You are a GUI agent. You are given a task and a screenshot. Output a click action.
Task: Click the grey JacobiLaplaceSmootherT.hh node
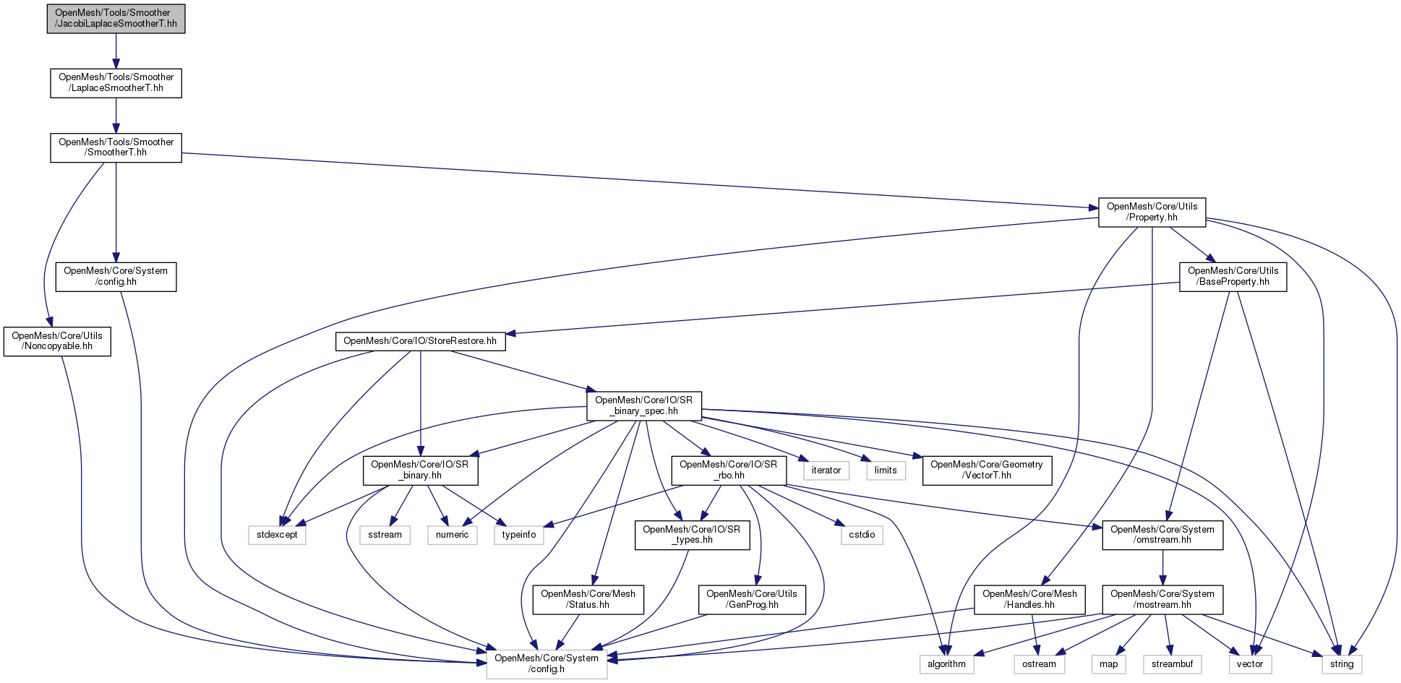pos(116,18)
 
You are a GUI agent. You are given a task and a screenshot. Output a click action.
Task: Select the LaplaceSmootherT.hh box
pos(116,82)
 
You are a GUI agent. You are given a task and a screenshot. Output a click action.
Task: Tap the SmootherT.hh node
pos(116,147)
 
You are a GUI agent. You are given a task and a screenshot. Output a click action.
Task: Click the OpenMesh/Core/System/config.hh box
pos(116,276)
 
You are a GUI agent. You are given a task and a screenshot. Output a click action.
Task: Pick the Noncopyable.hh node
pos(57,341)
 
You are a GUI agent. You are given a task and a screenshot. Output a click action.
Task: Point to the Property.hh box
pos(1152,212)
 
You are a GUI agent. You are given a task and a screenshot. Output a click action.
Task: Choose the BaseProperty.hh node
pos(1233,276)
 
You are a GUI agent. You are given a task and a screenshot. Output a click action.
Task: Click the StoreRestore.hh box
pos(420,341)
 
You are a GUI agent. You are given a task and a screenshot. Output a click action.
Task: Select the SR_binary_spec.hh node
pos(643,405)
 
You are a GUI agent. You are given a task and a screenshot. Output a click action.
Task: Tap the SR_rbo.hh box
pos(728,470)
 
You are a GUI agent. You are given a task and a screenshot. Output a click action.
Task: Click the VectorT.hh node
pos(986,470)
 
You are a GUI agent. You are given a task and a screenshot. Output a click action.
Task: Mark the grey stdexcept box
pos(277,535)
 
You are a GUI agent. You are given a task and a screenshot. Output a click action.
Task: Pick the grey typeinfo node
pos(519,535)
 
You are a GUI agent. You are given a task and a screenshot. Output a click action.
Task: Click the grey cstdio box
pos(862,535)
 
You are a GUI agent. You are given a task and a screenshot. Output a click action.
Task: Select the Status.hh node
pos(588,599)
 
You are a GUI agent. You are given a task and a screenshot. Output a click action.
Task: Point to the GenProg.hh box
pos(752,599)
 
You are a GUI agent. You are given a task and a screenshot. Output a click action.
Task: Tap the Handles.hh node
pos(1029,599)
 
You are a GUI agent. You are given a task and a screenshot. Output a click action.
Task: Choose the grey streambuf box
pos(1172,663)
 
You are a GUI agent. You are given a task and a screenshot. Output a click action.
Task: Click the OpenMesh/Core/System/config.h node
pos(547,663)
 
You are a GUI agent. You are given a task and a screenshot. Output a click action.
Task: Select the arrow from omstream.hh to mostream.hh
pos(1162,567)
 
